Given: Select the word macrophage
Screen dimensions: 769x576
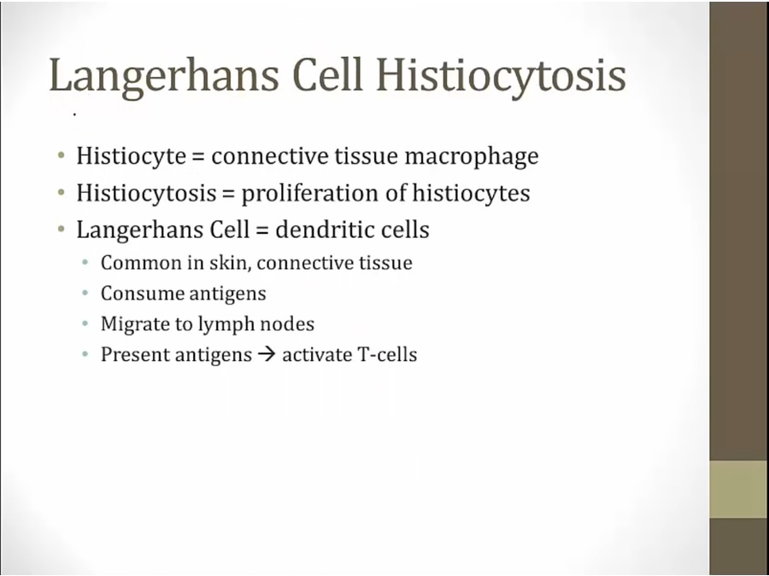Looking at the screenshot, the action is pyautogui.click(x=472, y=157).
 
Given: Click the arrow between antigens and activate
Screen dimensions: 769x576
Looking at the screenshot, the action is pyautogui.click(x=267, y=355).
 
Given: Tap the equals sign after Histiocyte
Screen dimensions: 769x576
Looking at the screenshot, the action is pyautogui.click(x=197, y=157).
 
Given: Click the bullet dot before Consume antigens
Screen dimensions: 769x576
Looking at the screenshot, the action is pyautogui.click(x=85, y=294).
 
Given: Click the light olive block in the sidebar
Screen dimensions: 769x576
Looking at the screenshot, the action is pyautogui.click(x=738, y=489).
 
